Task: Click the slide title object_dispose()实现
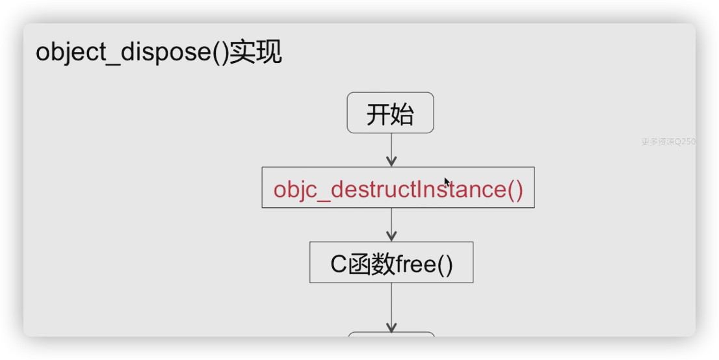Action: [x=159, y=53]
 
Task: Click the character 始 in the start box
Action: [x=402, y=114]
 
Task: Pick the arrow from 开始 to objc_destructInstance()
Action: [x=391, y=148]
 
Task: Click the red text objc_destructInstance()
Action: [x=398, y=189]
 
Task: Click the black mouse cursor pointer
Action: [x=447, y=183]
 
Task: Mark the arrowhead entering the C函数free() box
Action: [x=391, y=237]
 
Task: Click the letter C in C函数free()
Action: [x=338, y=264]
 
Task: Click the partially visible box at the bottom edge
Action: [x=391, y=334]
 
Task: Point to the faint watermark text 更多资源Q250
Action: [x=668, y=141]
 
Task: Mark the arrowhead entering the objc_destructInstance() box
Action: [x=391, y=161]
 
